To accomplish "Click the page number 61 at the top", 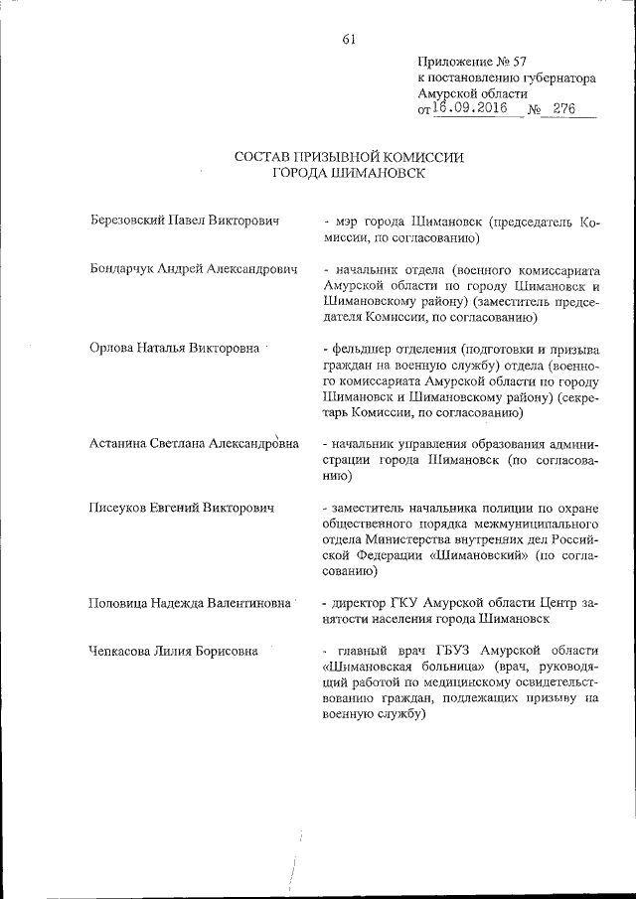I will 348,40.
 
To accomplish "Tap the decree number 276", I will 565,109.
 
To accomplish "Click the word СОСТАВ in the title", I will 266,157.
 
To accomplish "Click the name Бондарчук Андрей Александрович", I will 193,270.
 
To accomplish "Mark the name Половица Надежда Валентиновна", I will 189,602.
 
